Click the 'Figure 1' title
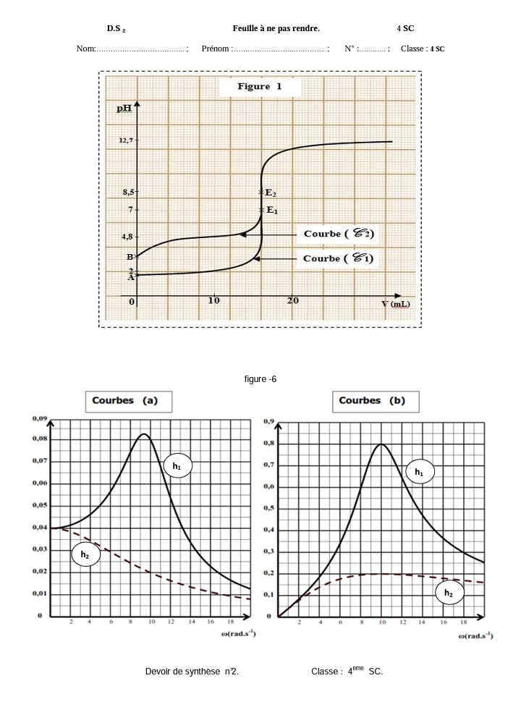coord(259,87)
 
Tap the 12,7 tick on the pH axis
coord(127,141)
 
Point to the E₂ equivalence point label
coord(270,192)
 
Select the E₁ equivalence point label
coord(271,210)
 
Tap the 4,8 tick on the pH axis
coord(127,237)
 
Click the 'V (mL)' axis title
coord(395,304)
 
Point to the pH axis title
coord(125,109)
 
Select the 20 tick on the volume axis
coord(292,300)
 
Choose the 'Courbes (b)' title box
coord(372,401)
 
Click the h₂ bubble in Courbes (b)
coord(449,593)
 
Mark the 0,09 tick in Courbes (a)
coord(40,418)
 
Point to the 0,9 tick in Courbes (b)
coord(268,420)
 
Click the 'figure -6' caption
coord(260,379)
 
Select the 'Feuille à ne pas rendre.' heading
coord(276,28)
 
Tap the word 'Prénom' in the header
coord(216,49)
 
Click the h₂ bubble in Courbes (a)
coord(85,555)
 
